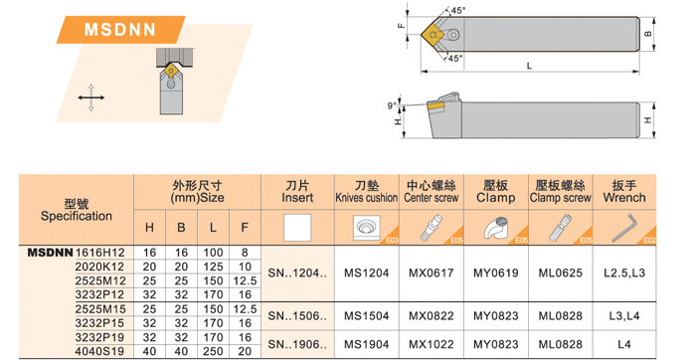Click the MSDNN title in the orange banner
click(x=120, y=30)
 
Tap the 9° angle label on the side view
click(x=392, y=105)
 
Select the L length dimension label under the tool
click(x=529, y=66)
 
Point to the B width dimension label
click(x=648, y=34)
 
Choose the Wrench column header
click(x=624, y=191)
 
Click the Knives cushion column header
click(x=367, y=191)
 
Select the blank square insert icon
click(x=297, y=228)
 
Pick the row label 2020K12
click(x=99, y=267)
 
